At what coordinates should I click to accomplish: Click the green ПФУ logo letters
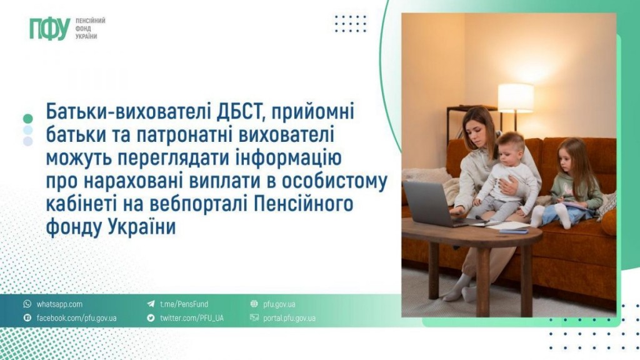[x=50, y=29]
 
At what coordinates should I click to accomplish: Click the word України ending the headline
[x=142, y=226]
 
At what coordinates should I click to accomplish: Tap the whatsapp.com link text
[x=59, y=304]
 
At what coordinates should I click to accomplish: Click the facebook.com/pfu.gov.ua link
[x=76, y=318]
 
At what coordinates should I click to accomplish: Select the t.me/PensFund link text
[x=184, y=304]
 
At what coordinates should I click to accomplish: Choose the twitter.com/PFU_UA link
[x=192, y=318]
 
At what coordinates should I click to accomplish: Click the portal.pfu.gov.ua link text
[x=289, y=318]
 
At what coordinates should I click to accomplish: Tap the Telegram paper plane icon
[x=151, y=304]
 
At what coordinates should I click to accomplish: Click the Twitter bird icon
[x=151, y=317]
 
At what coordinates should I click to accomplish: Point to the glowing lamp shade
[x=516, y=98]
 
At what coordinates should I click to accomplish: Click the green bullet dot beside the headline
[x=27, y=119]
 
